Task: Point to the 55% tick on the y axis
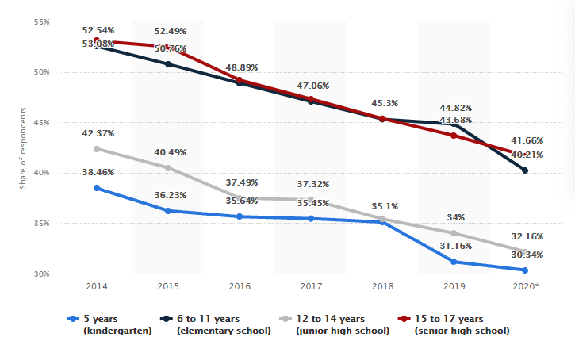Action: [41, 21]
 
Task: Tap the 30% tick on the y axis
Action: [41, 274]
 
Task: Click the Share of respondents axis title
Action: [24, 147]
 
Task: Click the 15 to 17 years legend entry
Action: [459, 324]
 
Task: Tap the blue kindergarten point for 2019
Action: [454, 262]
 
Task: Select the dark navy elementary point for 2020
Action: [525, 170]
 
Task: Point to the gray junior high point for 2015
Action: [167, 167]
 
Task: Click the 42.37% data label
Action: [99, 133]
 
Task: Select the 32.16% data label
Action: [526, 236]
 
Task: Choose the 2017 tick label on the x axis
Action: [310, 286]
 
